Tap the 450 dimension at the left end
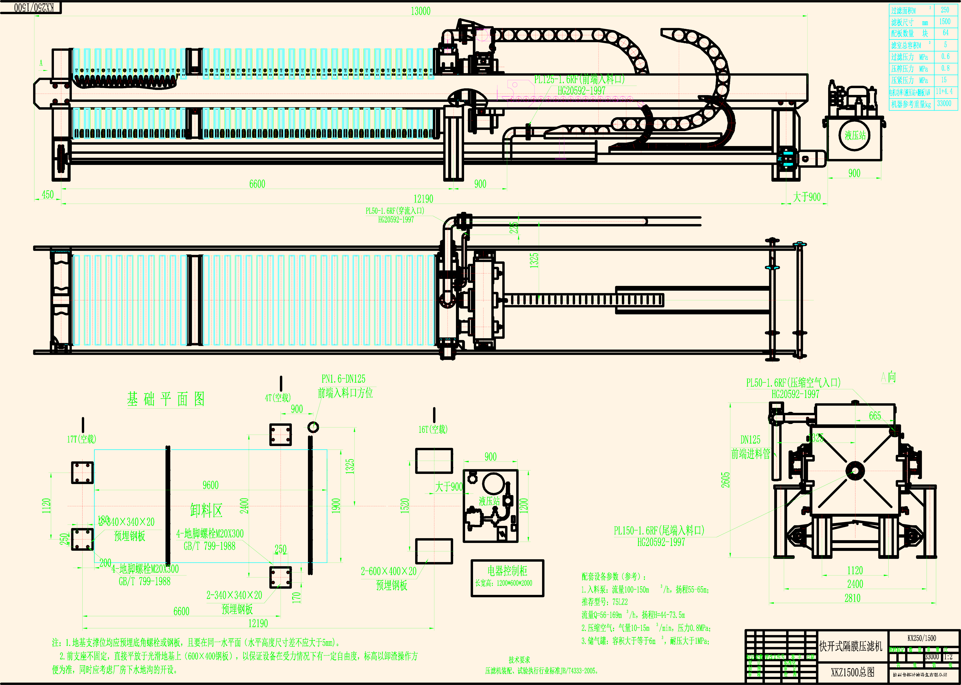[48, 194]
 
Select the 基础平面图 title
[166, 399]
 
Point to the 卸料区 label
[206, 510]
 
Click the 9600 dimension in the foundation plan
[210, 485]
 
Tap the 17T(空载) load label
[82, 439]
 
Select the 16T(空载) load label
[433, 429]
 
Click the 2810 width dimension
[852, 598]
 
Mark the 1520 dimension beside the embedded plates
[405, 505]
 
